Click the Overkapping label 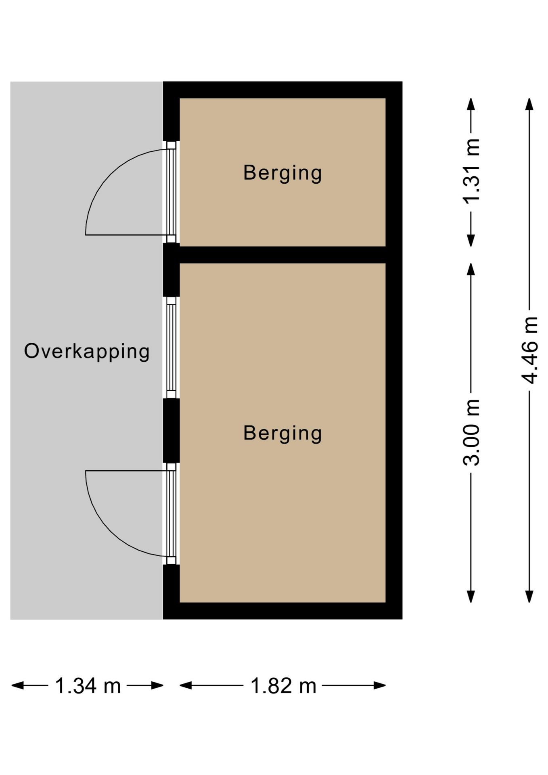[87, 351]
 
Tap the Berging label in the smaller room [282, 173]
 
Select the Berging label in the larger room [282, 433]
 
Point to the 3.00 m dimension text [471, 432]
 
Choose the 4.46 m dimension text [529, 350]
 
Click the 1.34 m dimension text [88, 686]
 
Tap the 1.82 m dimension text [283, 686]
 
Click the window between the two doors [171, 348]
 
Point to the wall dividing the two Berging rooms [282, 255]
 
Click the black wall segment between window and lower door [171, 430]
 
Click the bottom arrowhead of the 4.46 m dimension [529, 597]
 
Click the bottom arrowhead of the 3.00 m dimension [471, 597]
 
